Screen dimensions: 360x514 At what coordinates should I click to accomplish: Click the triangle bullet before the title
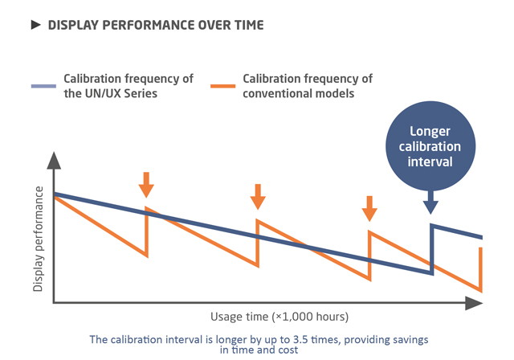pyautogui.click(x=36, y=25)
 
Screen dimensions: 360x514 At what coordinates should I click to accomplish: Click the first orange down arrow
pyautogui.click(x=145, y=184)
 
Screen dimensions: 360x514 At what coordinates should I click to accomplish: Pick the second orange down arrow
pyautogui.click(x=257, y=195)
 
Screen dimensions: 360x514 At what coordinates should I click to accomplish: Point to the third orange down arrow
pyautogui.click(x=369, y=207)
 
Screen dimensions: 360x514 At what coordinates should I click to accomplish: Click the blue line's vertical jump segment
pyautogui.click(x=432, y=249)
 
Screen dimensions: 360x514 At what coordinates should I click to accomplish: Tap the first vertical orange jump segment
pyautogui.click(x=146, y=231)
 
